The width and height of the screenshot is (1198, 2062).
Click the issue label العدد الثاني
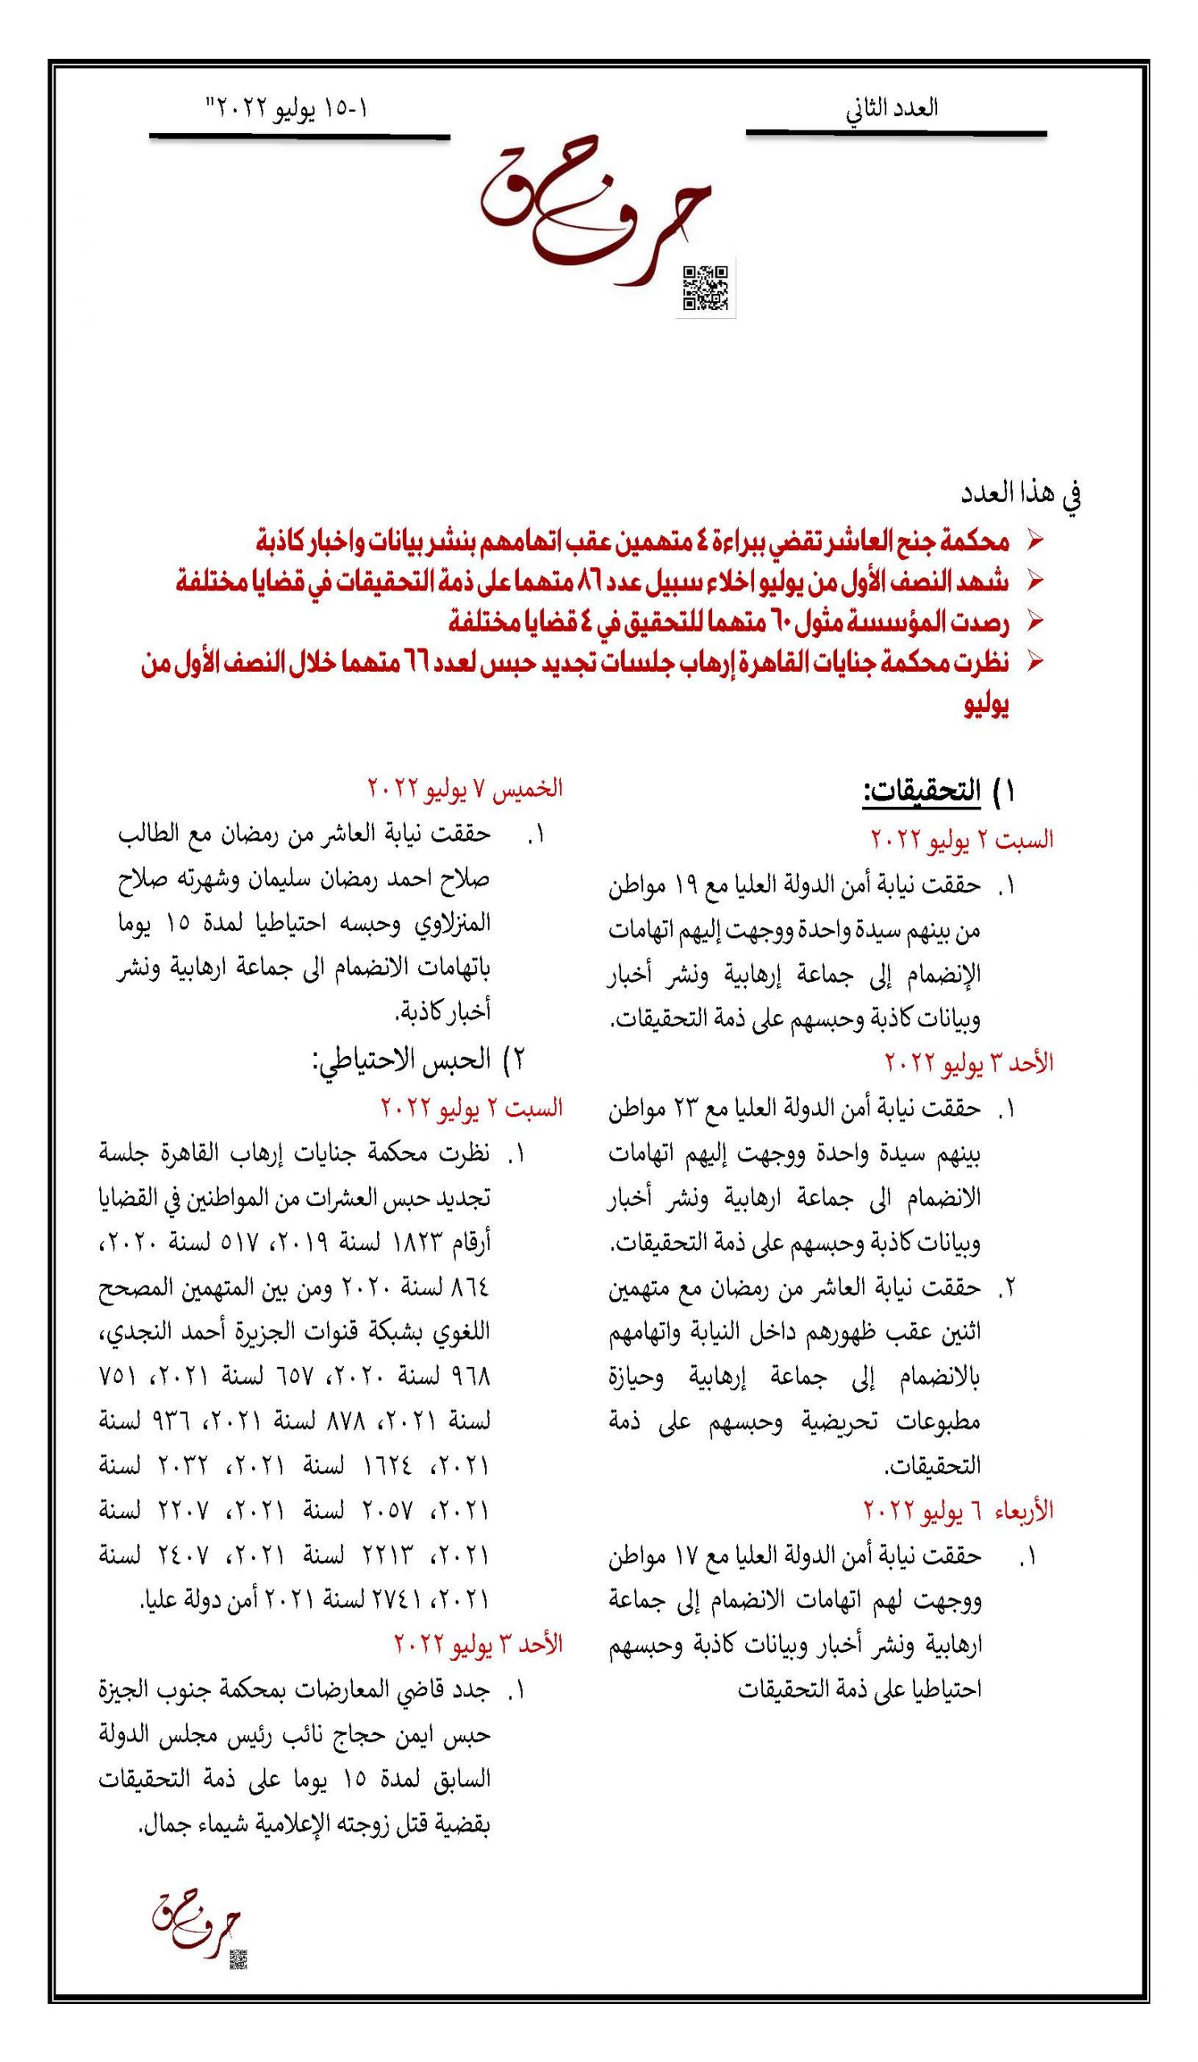(x=891, y=110)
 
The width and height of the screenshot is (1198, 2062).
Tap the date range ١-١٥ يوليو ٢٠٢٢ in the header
(x=289, y=110)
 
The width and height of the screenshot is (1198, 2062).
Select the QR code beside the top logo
(x=706, y=288)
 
